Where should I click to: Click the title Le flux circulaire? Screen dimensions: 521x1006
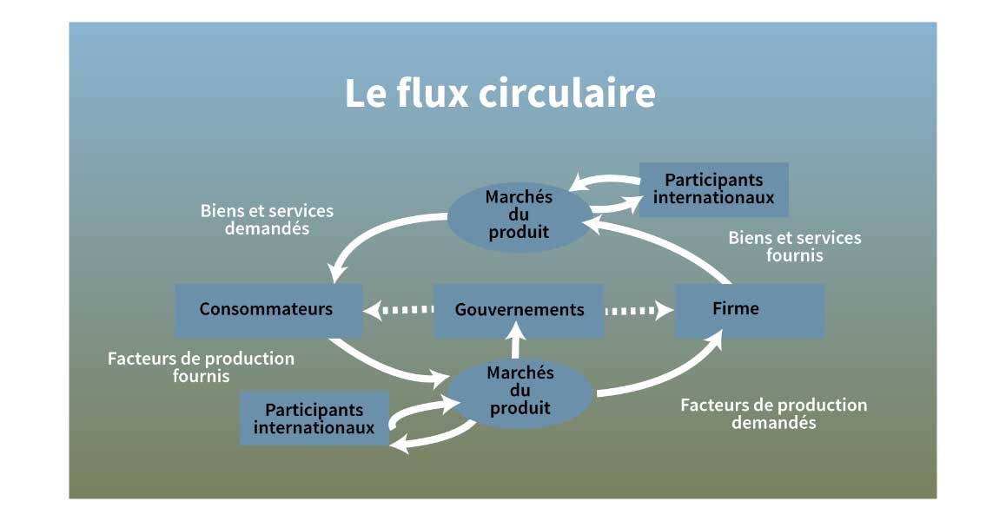click(500, 94)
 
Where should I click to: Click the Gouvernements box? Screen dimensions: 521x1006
click(519, 310)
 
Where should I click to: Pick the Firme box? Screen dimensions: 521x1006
click(749, 309)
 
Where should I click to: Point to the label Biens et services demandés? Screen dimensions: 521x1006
click(267, 220)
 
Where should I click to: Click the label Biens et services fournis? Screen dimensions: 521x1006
click(794, 247)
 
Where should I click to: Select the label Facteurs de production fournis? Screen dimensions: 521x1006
click(201, 367)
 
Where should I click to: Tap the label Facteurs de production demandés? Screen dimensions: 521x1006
click(773, 414)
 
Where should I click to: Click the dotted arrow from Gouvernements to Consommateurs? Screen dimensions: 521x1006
click(398, 309)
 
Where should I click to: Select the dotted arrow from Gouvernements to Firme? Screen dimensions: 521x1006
click(640, 309)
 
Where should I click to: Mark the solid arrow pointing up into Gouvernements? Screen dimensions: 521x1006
click(518, 340)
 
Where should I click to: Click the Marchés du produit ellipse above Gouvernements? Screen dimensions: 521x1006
click(519, 214)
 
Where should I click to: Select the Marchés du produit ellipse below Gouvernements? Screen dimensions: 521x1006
click(520, 391)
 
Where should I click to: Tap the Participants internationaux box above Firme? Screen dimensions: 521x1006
click(713, 188)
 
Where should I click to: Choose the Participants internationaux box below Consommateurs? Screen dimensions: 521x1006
click(314, 419)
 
